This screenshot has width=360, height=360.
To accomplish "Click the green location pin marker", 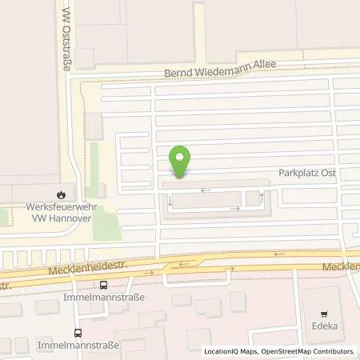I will click(182, 161).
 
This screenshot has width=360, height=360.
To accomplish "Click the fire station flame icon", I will click(62, 194).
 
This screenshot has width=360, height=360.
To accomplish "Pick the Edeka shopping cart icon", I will click(324, 314).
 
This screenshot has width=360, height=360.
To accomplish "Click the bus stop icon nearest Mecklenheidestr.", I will click(102, 284).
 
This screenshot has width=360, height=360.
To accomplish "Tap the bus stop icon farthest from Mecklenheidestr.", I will click(77, 333).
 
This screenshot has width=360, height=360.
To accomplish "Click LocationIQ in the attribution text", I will click(220, 351).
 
